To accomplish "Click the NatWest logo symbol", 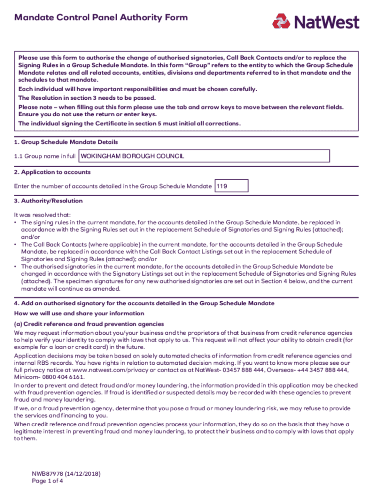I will (281, 22).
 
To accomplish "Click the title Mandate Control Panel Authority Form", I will (101, 18).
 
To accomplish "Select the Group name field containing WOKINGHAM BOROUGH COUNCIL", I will (204, 156).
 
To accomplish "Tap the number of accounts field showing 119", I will (232, 186).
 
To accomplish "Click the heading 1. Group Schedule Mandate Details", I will (66, 142).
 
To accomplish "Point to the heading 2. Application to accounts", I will (52, 172).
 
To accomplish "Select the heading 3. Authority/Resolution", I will (48, 201).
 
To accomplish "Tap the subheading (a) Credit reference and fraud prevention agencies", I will (89, 324).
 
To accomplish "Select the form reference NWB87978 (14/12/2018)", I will (66, 474).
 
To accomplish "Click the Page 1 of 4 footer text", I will (47, 481).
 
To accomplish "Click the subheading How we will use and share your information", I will (79, 313).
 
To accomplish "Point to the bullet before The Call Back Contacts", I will (16, 245).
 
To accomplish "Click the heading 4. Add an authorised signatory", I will (144, 303).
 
